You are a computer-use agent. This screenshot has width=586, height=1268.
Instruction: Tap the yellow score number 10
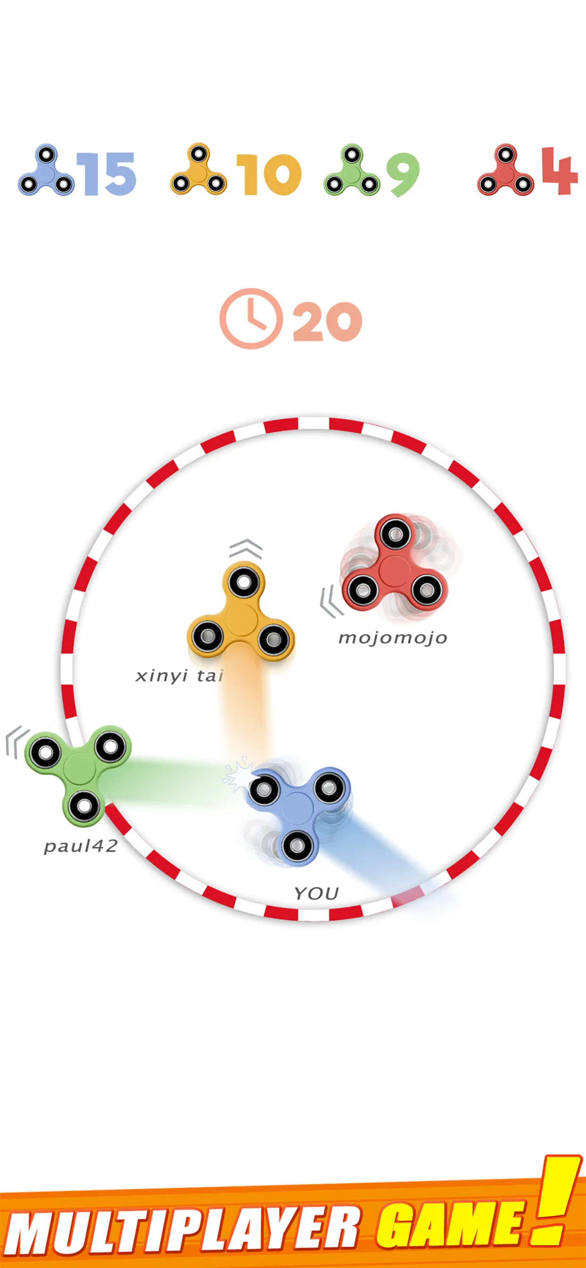pyautogui.click(x=269, y=174)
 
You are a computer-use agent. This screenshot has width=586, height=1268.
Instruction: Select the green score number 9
pyautogui.click(x=403, y=174)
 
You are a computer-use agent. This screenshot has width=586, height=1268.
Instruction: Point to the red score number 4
pyautogui.click(x=560, y=171)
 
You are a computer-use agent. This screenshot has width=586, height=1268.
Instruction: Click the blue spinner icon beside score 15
pyautogui.click(x=46, y=170)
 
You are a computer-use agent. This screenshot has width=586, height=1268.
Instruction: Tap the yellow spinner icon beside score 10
pyautogui.click(x=199, y=169)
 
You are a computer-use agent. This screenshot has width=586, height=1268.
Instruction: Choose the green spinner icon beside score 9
pyautogui.click(x=352, y=170)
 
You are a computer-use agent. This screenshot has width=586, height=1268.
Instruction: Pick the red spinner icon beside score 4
pyautogui.click(x=505, y=170)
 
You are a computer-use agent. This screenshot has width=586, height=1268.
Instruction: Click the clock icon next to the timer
pyautogui.click(x=251, y=318)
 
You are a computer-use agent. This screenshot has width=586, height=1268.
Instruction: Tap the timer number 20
pyautogui.click(x=327, y=321)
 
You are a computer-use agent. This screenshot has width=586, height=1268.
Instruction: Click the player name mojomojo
pyautogui.click(x=393, y=638)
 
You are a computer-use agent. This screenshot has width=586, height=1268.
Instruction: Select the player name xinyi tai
pyautogui.click(x=180, y=676)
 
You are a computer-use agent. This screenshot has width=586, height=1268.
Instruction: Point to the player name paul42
pyautogui.click(x=81, y=846)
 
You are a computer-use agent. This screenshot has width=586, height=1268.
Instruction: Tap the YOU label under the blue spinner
pyautogui.click(x=316, y=893)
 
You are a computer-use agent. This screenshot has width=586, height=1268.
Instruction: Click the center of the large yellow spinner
pyautogui.click(x=241, y=619)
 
